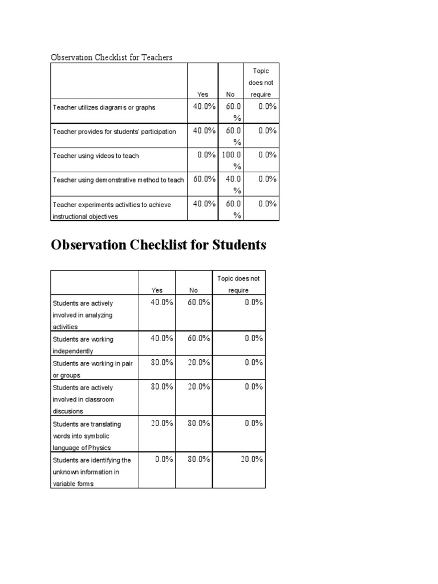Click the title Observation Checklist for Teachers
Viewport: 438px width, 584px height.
pos(111,57)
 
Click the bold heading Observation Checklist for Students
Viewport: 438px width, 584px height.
pos(159,245)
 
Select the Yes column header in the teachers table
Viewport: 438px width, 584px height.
pos(202,95)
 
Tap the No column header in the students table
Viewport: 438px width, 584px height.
pos(194,290)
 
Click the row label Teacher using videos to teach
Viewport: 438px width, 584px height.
pos(96,156)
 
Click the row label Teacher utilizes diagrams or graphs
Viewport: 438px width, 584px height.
pos(104,107)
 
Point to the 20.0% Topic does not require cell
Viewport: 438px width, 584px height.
pos(250,459)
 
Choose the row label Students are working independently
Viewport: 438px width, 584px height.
pos(83,345)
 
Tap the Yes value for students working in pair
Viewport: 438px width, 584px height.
pos(161,362)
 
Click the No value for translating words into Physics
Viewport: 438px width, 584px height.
pos(199,423)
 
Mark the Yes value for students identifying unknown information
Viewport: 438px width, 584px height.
pos(164,459)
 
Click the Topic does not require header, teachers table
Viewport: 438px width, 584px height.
pos(261,83)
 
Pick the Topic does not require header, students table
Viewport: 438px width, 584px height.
pos(238,284)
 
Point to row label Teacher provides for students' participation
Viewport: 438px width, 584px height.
pos(115,132)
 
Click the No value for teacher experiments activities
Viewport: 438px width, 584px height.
pos(233,209)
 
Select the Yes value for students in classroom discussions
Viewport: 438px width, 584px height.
pos(161,386)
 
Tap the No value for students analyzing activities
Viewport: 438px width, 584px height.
pos(199,302)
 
